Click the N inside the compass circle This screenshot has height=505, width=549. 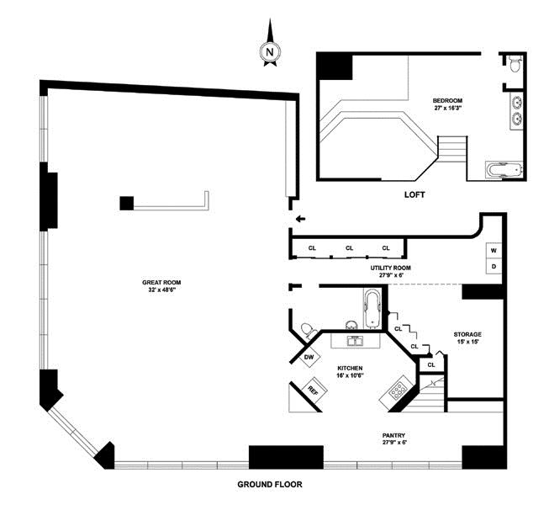tap(270, 52)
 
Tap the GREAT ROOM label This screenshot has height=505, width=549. tap(161, 283)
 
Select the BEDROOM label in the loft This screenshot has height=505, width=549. tap(447, 101)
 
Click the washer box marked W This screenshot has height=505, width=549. tap(494, 251)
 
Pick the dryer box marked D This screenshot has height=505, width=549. tap(494, 266)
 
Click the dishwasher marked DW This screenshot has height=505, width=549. tap(309, 357)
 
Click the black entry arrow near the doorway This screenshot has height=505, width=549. tap(301, 220)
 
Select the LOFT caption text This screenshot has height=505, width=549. tap(414, 194)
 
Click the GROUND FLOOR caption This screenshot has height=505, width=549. tap(270, 485)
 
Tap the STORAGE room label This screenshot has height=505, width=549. tap(467, 334)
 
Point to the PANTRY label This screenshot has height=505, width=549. tap(393, 435)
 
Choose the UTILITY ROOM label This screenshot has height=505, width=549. tap(391, 268)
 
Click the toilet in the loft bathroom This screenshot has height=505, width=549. tap(515, 63)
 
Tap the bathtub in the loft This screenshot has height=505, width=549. tap(504, 171)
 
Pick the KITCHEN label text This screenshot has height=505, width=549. tap(350, 368)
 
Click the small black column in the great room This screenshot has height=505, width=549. tap(127, 203)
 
